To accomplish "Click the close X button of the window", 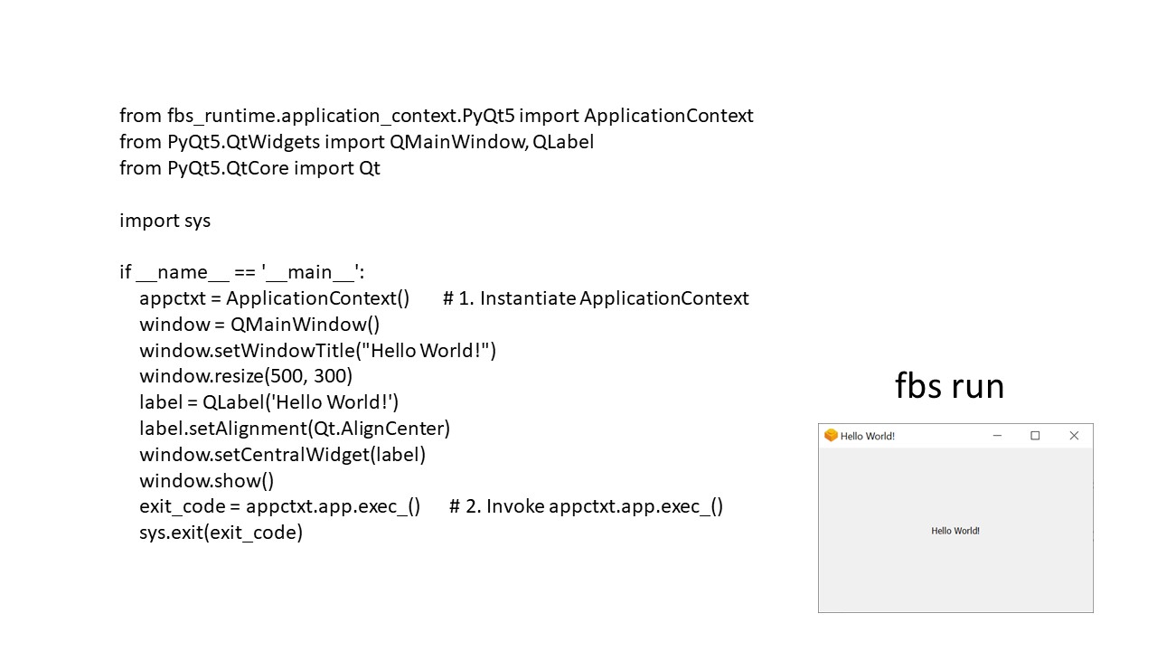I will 1074,436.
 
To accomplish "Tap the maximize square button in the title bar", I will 1035,436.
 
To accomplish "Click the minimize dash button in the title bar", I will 997,436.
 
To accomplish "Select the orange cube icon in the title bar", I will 831,436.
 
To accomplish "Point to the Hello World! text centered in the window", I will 955,531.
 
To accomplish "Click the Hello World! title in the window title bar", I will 868,436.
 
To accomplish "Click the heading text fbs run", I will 949,386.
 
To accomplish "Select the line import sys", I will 165,221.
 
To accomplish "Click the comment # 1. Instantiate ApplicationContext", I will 596,298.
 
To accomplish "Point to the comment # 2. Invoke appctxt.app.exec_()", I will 586,506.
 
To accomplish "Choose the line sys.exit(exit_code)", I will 221,533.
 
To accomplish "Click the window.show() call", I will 206,480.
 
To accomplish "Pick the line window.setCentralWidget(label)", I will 282,455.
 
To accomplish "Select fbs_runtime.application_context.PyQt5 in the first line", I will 341,116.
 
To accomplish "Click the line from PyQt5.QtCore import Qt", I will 249,168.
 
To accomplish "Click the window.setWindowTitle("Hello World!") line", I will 317,350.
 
